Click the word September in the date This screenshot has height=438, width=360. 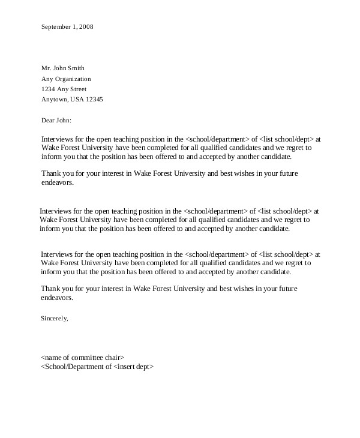(56, 26)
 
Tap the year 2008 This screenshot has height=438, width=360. (86, 26)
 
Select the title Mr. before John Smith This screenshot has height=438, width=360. (46, 68)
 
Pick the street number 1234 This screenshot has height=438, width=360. (48, 89)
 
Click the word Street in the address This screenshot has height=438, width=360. (83, 89)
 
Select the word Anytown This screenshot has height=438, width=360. (55, 99)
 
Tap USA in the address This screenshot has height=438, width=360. (78, 99)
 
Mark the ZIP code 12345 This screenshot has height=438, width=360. (95, 99)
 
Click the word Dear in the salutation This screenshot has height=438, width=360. (48, 120)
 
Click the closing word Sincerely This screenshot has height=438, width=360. (55, 318)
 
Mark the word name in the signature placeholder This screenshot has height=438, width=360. (52, 357)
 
